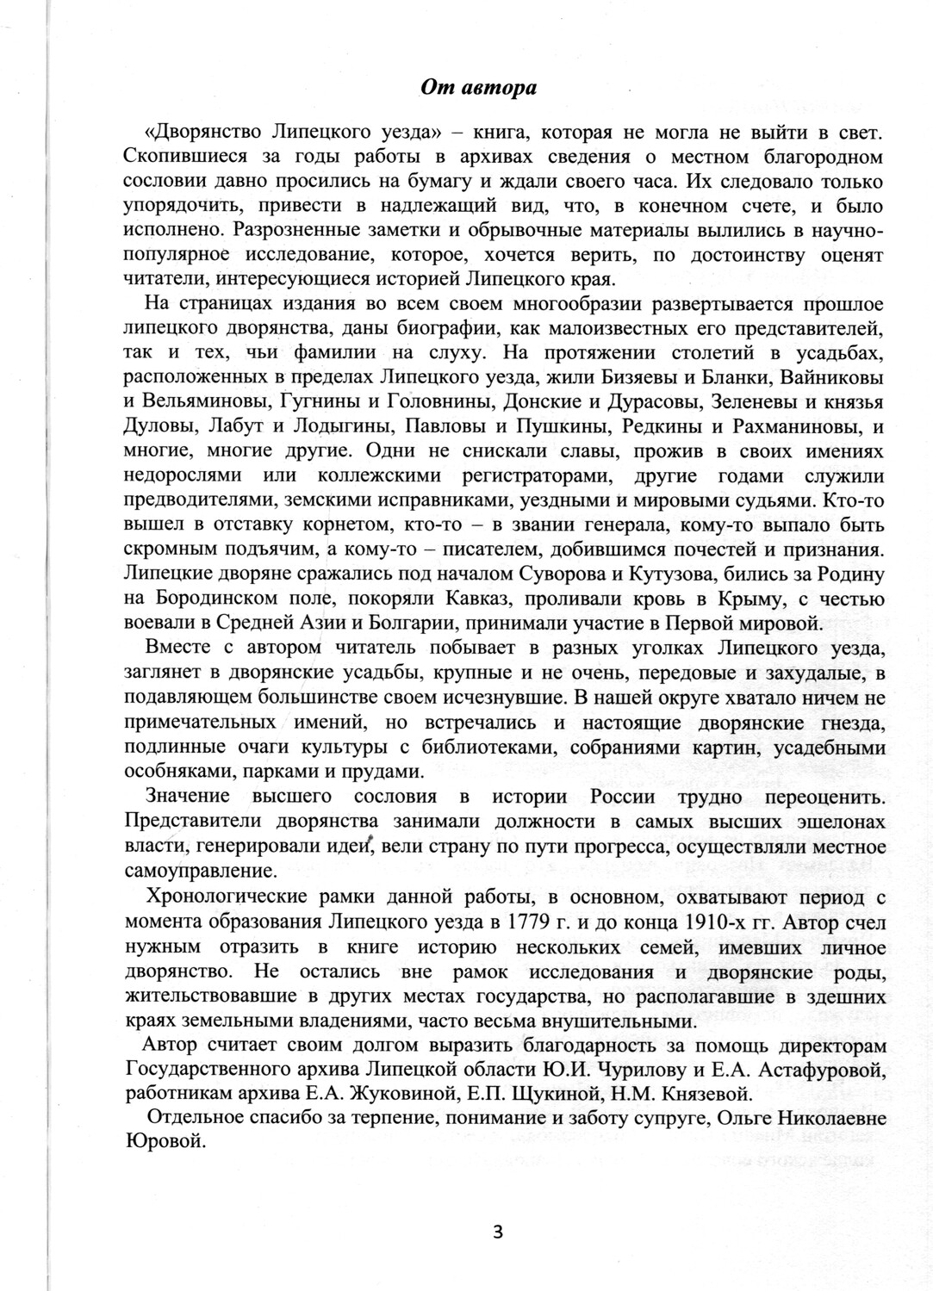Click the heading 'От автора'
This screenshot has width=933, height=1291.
[478, 87]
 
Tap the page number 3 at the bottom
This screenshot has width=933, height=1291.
[497, 1230]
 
